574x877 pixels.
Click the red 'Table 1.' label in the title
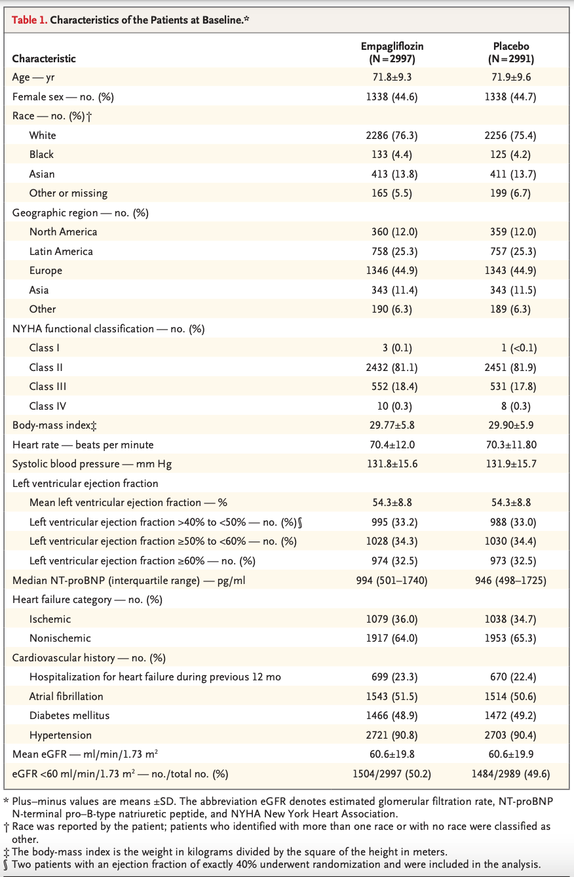pyautogui.click(x=29, y=20)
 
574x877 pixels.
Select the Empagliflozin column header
pyautogui.click(x=392, y=52)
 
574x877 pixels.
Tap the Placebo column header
pyautogui.click(x=511, y=52)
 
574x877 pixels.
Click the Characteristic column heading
pyautogui.click(x=44, y=59)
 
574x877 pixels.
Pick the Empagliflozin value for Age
pyautogui.click(x=392, y=77)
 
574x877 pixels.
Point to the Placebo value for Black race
pyautogui.click(x=510, y=155)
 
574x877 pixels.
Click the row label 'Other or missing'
pyautogui.click(x=68, y=193)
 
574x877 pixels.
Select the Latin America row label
pyautogui.click(x=61, y=251)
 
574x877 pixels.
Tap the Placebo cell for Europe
pyautogui.click(x=510, y=271)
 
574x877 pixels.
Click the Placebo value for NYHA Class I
pyautogui.click(x=519, y=348)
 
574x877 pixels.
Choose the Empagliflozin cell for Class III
pyautogui.click(x=394, y=387)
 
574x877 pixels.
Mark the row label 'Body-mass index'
pyautogui.click(x=54, y=425)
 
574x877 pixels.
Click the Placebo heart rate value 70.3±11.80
pyautogui.click(x=511, y=445)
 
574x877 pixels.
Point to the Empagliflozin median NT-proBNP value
pyautogui.click(x=392, y=580)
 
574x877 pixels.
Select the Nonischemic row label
pyautogui.click(x=60, y=638)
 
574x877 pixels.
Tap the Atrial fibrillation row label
pyautogui.click(x=66, y=697)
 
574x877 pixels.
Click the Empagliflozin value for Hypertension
pyautogui.click(x=392, y=735)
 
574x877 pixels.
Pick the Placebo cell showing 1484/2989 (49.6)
pyautogui.click(x=510, y=774)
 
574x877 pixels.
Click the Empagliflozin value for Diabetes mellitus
pyautogui.click(x=392, y=716)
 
